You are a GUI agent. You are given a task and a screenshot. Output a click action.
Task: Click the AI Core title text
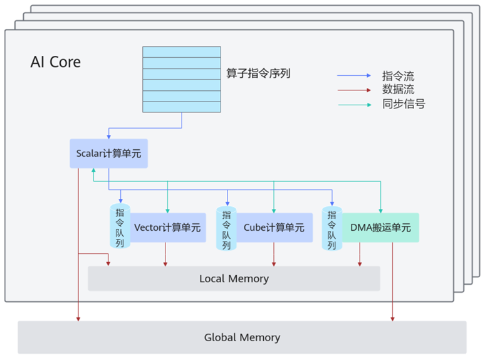(56, 62)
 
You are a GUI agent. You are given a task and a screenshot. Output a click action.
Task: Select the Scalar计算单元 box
(108, 153)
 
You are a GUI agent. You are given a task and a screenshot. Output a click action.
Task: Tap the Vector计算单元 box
(167, 228)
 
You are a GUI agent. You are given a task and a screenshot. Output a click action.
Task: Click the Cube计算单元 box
(274, 228)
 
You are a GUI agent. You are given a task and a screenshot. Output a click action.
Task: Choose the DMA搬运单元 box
(380, 228)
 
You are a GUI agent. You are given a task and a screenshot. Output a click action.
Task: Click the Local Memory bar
(234, 278)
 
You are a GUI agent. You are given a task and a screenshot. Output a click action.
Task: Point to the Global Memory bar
(242, 337)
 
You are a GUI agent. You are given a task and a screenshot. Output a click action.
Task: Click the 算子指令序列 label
(258, 73)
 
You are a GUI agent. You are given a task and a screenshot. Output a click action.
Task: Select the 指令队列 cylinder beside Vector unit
(120, 226)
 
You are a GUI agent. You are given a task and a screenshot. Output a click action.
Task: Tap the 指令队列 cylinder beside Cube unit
(226, 228)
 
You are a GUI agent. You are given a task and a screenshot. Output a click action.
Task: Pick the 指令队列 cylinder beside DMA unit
(331, 228)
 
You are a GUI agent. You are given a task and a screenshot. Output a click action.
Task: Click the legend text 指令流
(398, 76)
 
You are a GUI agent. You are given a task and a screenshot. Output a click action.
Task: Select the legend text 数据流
(398, 90)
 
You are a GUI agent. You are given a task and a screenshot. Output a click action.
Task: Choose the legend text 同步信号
(404, 104)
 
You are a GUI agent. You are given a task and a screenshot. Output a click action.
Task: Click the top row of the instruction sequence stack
(182, 51)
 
